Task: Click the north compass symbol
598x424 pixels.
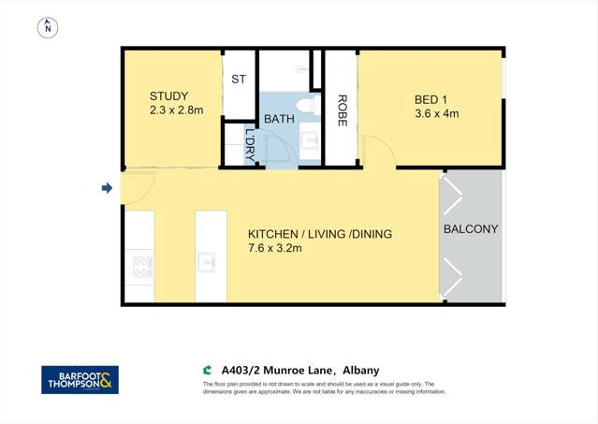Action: [46, 27]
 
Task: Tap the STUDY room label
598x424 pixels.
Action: [169, 96]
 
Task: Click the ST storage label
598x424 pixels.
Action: [239, 80]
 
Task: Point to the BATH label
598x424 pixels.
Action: [279, 120]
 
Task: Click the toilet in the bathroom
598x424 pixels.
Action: [303, 104]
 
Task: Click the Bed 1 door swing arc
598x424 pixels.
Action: [374, 150]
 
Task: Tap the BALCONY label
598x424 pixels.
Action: [471, 229]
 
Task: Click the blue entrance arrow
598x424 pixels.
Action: [107, 189]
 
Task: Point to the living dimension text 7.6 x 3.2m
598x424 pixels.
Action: [278, 250]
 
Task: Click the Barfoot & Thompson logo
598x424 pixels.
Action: [80, 379]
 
